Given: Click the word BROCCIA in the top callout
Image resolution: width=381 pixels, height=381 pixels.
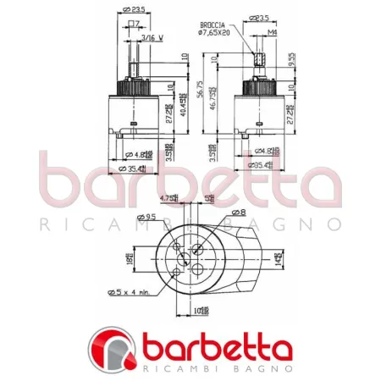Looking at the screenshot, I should [x=210, y=26].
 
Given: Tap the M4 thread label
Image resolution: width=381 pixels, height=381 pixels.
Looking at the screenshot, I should [x=273, y=33].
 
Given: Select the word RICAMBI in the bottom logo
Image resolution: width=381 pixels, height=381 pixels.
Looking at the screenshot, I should [x=167, y=369].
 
